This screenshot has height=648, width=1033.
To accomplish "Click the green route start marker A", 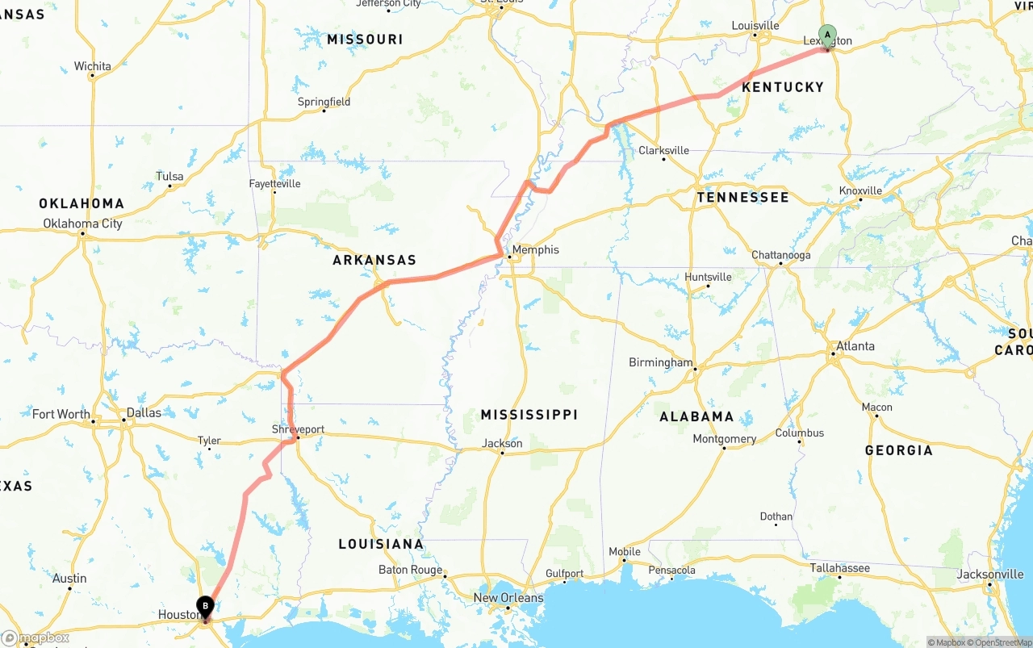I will click(x=827, y=35).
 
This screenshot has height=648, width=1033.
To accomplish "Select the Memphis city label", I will click(x=535, y=250).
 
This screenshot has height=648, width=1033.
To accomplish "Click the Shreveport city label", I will click(x=298, y=430).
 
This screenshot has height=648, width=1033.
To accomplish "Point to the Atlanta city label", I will click(x=855, y=346).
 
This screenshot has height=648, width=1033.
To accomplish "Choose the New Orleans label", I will click(x=508, y=598).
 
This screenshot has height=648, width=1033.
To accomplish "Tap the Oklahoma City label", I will click(x=82, y=224).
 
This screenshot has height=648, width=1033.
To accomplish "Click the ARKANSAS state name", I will click(x=374, y=260).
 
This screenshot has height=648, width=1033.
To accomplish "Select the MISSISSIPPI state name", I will click(x=529, y=415).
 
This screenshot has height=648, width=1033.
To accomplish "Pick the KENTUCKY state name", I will click(x=782, y=87).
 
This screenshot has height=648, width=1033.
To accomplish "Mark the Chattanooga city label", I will click(x=780, y=255).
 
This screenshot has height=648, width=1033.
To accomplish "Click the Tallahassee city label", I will click(x=840, y=568).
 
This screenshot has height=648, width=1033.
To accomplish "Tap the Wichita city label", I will click(x=92, y=66).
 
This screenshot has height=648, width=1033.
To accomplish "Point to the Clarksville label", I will click(x=663, y=150).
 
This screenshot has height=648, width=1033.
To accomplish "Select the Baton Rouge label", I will click(x=410, y=570).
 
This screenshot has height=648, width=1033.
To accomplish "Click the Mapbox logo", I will click(x=36, y=638).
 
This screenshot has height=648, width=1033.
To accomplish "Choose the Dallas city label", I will click(x=143, y=412).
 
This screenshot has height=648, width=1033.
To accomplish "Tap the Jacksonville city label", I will click(x=990, y=575).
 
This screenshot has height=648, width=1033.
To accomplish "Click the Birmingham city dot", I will click(x=695, y=370).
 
